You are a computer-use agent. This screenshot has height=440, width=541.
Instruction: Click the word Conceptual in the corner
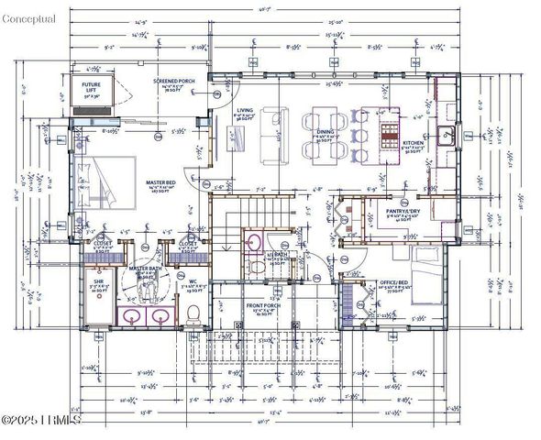(x=28, y=18)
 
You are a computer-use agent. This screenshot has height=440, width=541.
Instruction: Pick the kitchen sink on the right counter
(x=447, y=137)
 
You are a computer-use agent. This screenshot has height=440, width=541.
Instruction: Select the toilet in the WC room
(x=193, y=313)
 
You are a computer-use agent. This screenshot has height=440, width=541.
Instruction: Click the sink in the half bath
(x=254, y=242)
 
